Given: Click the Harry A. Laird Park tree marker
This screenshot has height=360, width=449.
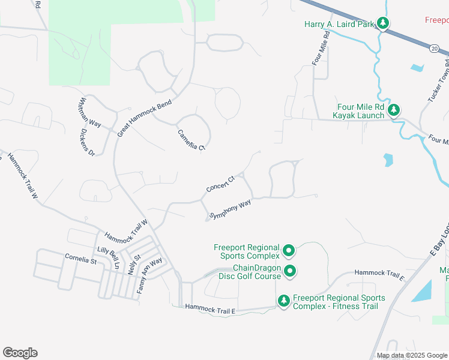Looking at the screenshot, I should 383,24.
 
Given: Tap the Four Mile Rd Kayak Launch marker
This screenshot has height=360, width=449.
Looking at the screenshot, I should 394,110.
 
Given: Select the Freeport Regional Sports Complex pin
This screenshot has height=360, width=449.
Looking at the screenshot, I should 289,250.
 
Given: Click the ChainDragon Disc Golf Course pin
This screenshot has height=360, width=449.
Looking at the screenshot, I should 289,271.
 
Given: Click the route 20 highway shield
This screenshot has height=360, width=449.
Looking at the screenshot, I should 433,47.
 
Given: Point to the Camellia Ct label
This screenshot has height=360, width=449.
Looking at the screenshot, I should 191,139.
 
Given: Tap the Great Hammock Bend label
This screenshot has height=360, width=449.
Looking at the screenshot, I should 145,118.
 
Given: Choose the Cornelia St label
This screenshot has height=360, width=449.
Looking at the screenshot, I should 80,260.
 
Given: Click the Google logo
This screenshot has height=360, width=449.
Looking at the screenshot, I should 20,353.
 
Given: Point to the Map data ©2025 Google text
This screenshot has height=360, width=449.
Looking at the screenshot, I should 411,355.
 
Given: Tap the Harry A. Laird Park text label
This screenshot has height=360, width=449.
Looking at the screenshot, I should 339,24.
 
